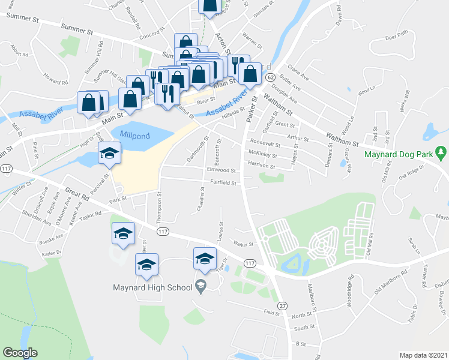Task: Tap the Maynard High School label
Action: [152, 287]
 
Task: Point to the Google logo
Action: [20, 353]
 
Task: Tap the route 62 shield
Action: [271, 78]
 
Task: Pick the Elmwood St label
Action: [220, 170]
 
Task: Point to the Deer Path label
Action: [396, 35]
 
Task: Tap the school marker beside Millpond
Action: [109, 154]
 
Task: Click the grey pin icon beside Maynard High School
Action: [201, 287]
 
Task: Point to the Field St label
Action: [272, 312]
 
